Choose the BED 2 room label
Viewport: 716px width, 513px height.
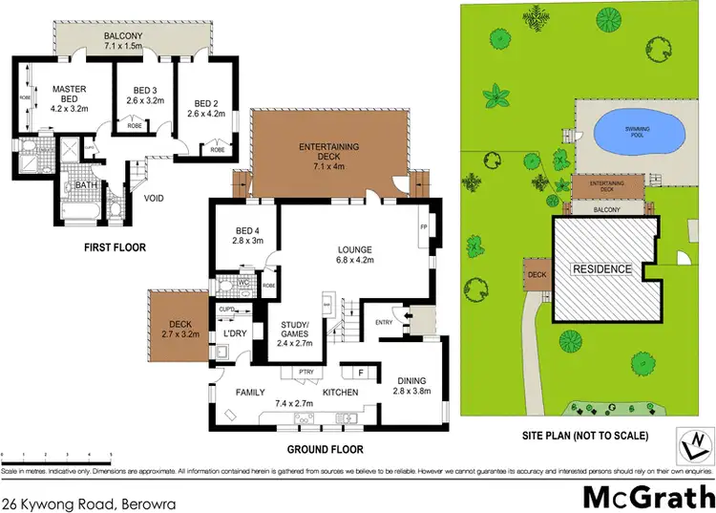coord(208,109)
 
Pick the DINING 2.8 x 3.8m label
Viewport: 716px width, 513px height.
coord(412,385)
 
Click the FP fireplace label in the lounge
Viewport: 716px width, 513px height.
coord(423,226)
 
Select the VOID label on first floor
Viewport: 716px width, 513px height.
coord(156,201)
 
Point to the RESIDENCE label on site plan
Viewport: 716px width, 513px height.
coord(601,269)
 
